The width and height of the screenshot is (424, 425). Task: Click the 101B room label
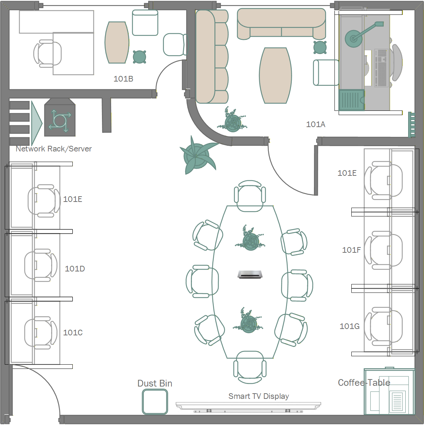tap(123, 79)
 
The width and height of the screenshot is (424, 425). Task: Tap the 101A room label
tap(315, 124)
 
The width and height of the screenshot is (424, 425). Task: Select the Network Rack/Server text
tap(54, 149)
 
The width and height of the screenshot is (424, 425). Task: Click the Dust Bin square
tap(155, 402)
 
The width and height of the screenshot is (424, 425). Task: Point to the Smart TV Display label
tap(259, 396)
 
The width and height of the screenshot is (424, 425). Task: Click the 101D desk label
tap(75, 269)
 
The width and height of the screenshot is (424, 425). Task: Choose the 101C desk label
tap(73, 333)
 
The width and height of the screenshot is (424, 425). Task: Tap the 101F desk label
tap(351, 250)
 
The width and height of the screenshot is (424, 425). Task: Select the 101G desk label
tap(350, 326)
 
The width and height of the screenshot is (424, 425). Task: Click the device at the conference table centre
tap(250, 274)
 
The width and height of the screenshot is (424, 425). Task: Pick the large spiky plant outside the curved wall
tap(197, 155)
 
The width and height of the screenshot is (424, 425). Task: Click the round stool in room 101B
tap(139, 57)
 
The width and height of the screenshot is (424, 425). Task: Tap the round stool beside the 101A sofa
tap(320, 47)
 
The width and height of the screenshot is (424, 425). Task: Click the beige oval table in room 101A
tap(275, 76)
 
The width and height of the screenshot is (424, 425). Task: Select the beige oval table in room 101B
tap(117, 42)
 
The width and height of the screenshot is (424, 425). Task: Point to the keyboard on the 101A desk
tap(381, 68)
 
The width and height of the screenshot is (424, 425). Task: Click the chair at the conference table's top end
tap(250, 196)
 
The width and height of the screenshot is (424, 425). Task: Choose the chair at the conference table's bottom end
tap(250, 367)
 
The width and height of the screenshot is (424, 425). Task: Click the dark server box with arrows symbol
tap(60, 118)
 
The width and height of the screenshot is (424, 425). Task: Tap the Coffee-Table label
tap(364, 383)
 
